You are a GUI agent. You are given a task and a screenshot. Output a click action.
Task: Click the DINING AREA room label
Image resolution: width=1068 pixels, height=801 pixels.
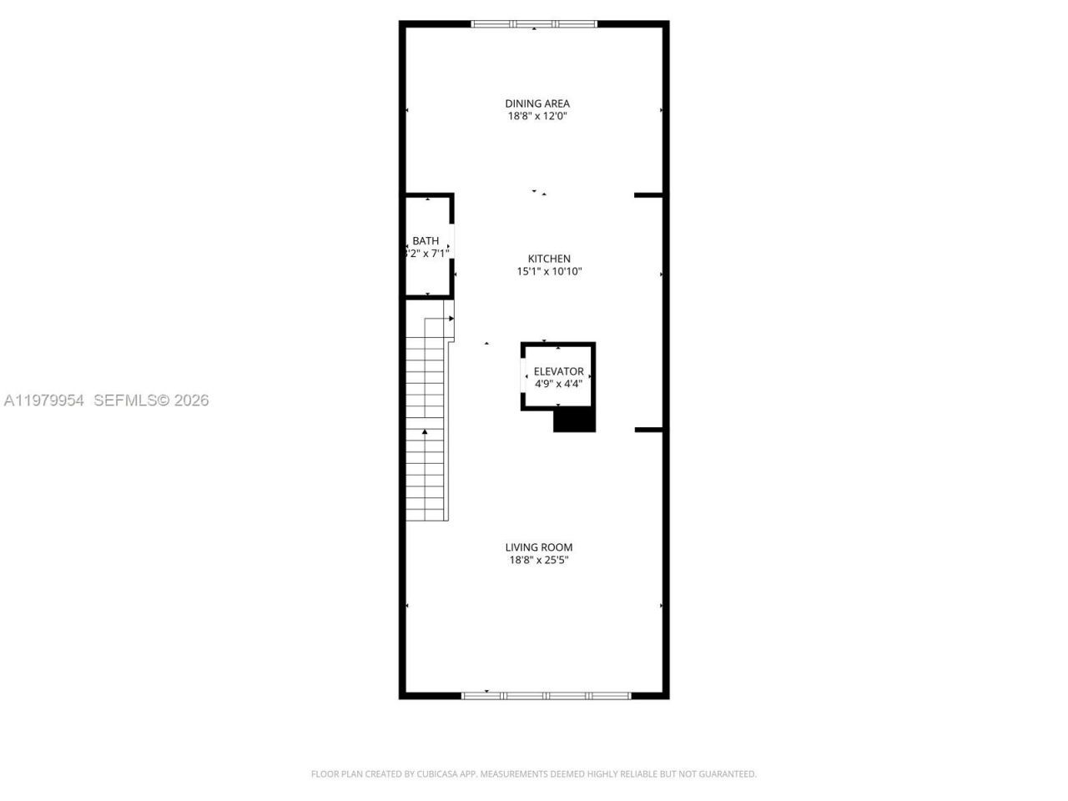(x=537, y=103)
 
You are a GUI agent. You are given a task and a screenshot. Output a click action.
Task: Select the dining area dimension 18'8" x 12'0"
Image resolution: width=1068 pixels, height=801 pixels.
(x=537, y=117)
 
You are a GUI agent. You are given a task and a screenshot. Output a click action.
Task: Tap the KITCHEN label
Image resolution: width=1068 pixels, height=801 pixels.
(x=549, y=259)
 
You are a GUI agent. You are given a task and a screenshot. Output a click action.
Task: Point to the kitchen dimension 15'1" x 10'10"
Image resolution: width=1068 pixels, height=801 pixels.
(x=549, y=271)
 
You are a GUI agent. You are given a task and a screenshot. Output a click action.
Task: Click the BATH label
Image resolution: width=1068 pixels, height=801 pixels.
(x=426, y=241)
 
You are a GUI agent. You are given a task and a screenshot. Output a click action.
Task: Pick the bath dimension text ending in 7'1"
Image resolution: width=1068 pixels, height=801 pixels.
(x=427, y=253)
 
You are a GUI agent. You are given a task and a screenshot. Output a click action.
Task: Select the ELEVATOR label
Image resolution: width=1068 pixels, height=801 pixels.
(x=558, y=371)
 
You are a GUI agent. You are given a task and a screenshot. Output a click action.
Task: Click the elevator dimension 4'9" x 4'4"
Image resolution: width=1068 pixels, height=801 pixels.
(x=558, y=384)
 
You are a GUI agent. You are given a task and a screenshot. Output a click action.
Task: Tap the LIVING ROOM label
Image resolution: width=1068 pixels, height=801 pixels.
(x=539, y=547)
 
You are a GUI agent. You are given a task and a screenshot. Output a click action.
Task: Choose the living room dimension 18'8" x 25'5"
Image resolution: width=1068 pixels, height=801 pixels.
(x=539, y=561)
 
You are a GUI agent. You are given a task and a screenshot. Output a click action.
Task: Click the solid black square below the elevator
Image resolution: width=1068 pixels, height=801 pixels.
(x=574, y=421)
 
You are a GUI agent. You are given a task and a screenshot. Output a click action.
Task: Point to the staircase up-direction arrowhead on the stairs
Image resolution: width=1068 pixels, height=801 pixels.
(x=425, y=431)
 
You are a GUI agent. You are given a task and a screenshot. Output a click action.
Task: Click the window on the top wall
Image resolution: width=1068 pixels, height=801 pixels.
(x=535, y=24)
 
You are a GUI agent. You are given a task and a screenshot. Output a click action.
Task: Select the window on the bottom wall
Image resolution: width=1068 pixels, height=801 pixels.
(x=547, y=695)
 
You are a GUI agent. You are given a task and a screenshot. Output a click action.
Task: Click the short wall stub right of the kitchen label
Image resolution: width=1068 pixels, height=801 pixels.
(x=648, y=195)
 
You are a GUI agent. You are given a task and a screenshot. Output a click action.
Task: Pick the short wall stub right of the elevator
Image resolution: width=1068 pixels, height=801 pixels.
(x=648, y=430)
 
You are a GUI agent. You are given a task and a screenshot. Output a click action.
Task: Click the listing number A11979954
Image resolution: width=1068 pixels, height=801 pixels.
(x=44, y=400)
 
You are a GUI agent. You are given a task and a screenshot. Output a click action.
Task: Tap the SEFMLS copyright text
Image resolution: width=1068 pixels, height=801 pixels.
(x=151, y=400)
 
